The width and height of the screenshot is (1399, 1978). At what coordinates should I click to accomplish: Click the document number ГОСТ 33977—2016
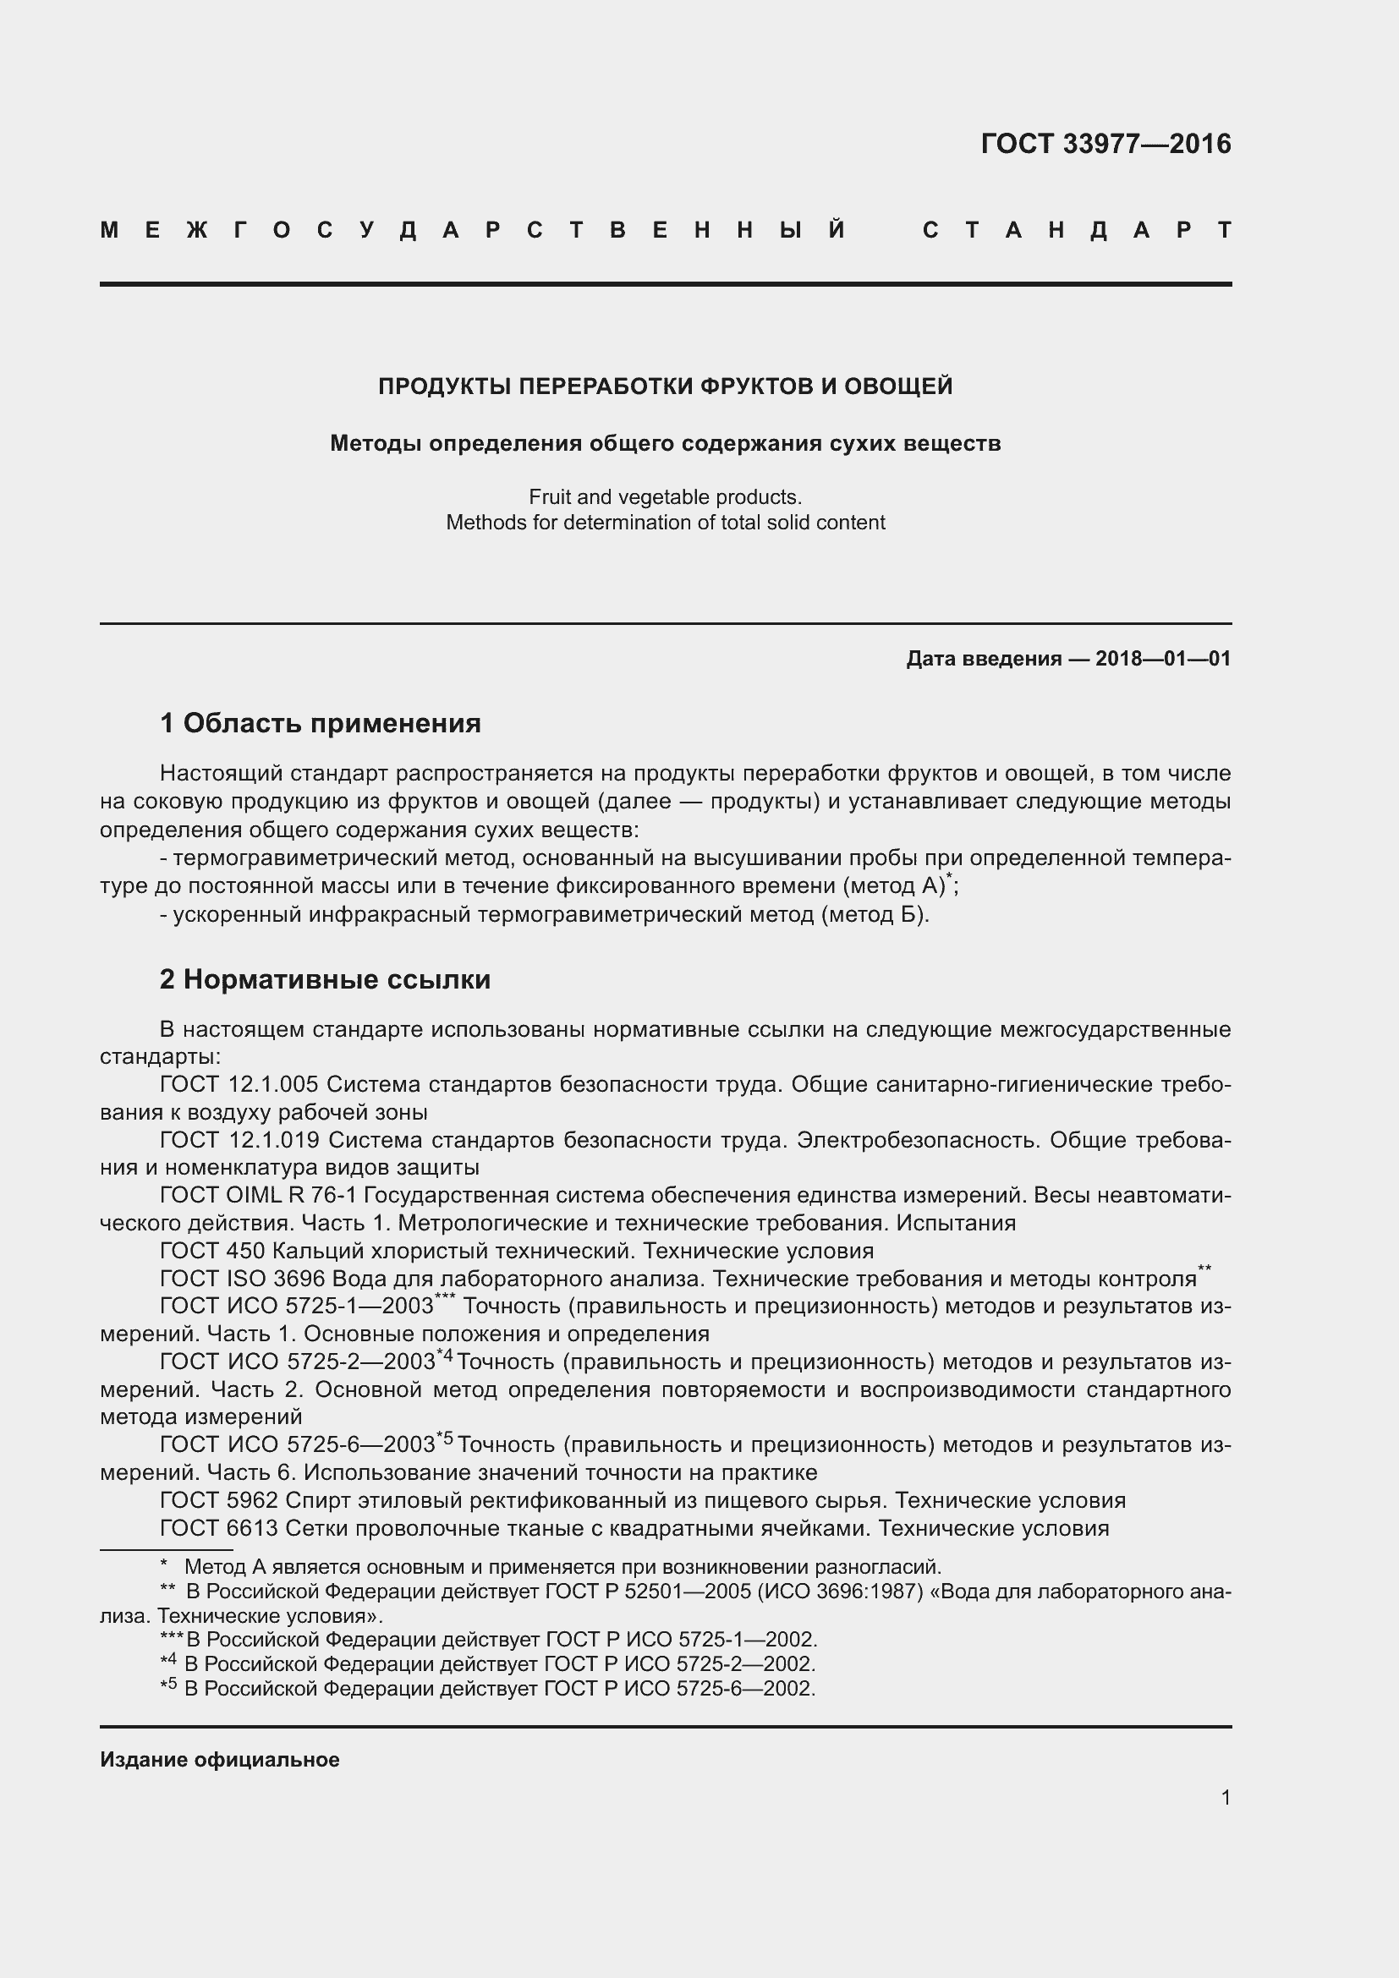point(1105,144)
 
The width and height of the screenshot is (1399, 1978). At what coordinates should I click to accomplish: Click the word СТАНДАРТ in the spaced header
point(1077,231)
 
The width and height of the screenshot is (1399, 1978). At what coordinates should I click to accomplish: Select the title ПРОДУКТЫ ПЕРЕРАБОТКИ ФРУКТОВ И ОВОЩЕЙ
point(665,386)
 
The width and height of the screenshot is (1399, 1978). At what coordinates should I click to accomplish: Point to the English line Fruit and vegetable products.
point(665,497)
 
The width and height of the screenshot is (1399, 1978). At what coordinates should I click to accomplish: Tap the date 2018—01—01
point(1162,659)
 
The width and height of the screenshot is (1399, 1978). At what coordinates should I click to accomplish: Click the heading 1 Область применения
point(321,723)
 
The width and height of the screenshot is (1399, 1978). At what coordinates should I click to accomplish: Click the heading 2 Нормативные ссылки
point(325,979)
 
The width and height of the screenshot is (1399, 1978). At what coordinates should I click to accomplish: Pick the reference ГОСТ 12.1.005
point(239,1085)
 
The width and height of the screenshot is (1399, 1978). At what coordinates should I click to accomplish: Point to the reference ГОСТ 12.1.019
point(239,1140)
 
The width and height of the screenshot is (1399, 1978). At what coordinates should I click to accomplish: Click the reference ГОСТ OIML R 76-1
point(259,1195)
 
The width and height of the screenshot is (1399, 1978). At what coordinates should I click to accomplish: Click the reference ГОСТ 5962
point(219,1501)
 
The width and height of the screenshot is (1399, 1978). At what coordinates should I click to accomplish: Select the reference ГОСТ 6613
point(219,1528)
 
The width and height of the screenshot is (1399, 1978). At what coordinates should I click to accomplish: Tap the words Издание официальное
point(220,1759)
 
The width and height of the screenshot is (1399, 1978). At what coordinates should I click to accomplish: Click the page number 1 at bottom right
point(1225,1797)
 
